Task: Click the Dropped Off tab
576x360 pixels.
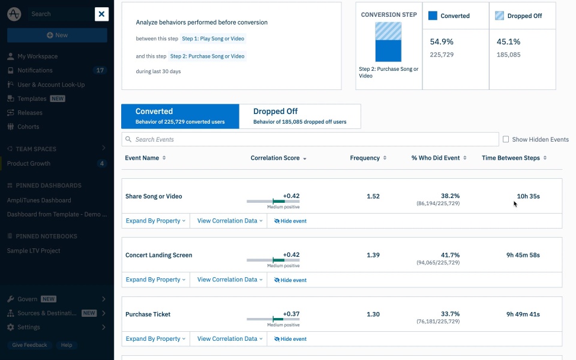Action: point(300,116)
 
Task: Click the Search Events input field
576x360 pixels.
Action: point(310,139)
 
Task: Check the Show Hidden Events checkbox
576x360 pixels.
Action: point(506,139)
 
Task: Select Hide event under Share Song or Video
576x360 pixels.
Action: point(290,221)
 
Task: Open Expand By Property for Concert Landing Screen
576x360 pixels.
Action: point(155,280)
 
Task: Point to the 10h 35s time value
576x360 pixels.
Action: point(528,196)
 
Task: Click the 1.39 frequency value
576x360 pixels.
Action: point(373,255)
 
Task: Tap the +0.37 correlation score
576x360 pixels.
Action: point(291,314)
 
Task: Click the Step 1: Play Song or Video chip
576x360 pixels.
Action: point(214,38)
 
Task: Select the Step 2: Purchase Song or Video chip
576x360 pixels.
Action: point(208,56)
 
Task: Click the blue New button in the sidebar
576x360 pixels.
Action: point(57,35)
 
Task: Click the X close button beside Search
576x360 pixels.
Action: point(101,14)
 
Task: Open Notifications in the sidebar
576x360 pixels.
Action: point(35,70)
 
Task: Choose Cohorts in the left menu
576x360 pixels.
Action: point(28,127)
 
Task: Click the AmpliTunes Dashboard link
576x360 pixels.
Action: point(39,200)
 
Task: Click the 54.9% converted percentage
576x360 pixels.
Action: point(442,42)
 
